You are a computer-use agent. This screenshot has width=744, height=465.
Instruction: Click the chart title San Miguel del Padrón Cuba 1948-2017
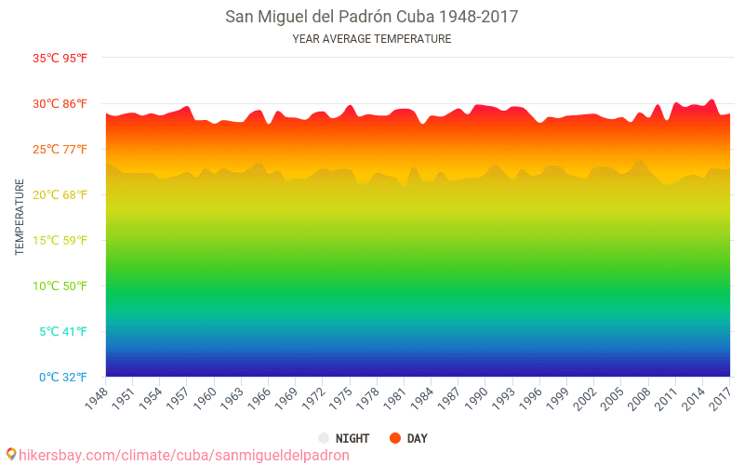(x=372, y=17)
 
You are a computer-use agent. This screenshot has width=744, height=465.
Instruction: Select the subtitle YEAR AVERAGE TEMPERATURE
(x=372, y=39)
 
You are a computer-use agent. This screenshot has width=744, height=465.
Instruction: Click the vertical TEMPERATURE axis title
(x=20, y=218)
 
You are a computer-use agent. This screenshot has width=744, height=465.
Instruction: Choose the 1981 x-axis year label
(x=392, y=397)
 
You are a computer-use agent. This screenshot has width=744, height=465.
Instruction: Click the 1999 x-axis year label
(x=555, y=397)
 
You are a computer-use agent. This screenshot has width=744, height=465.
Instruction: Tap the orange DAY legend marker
(x=394, y=438)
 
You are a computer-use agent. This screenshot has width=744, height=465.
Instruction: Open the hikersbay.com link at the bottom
(x=184, y=455)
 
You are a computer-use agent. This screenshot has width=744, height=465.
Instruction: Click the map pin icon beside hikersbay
(x=11, y=454)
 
